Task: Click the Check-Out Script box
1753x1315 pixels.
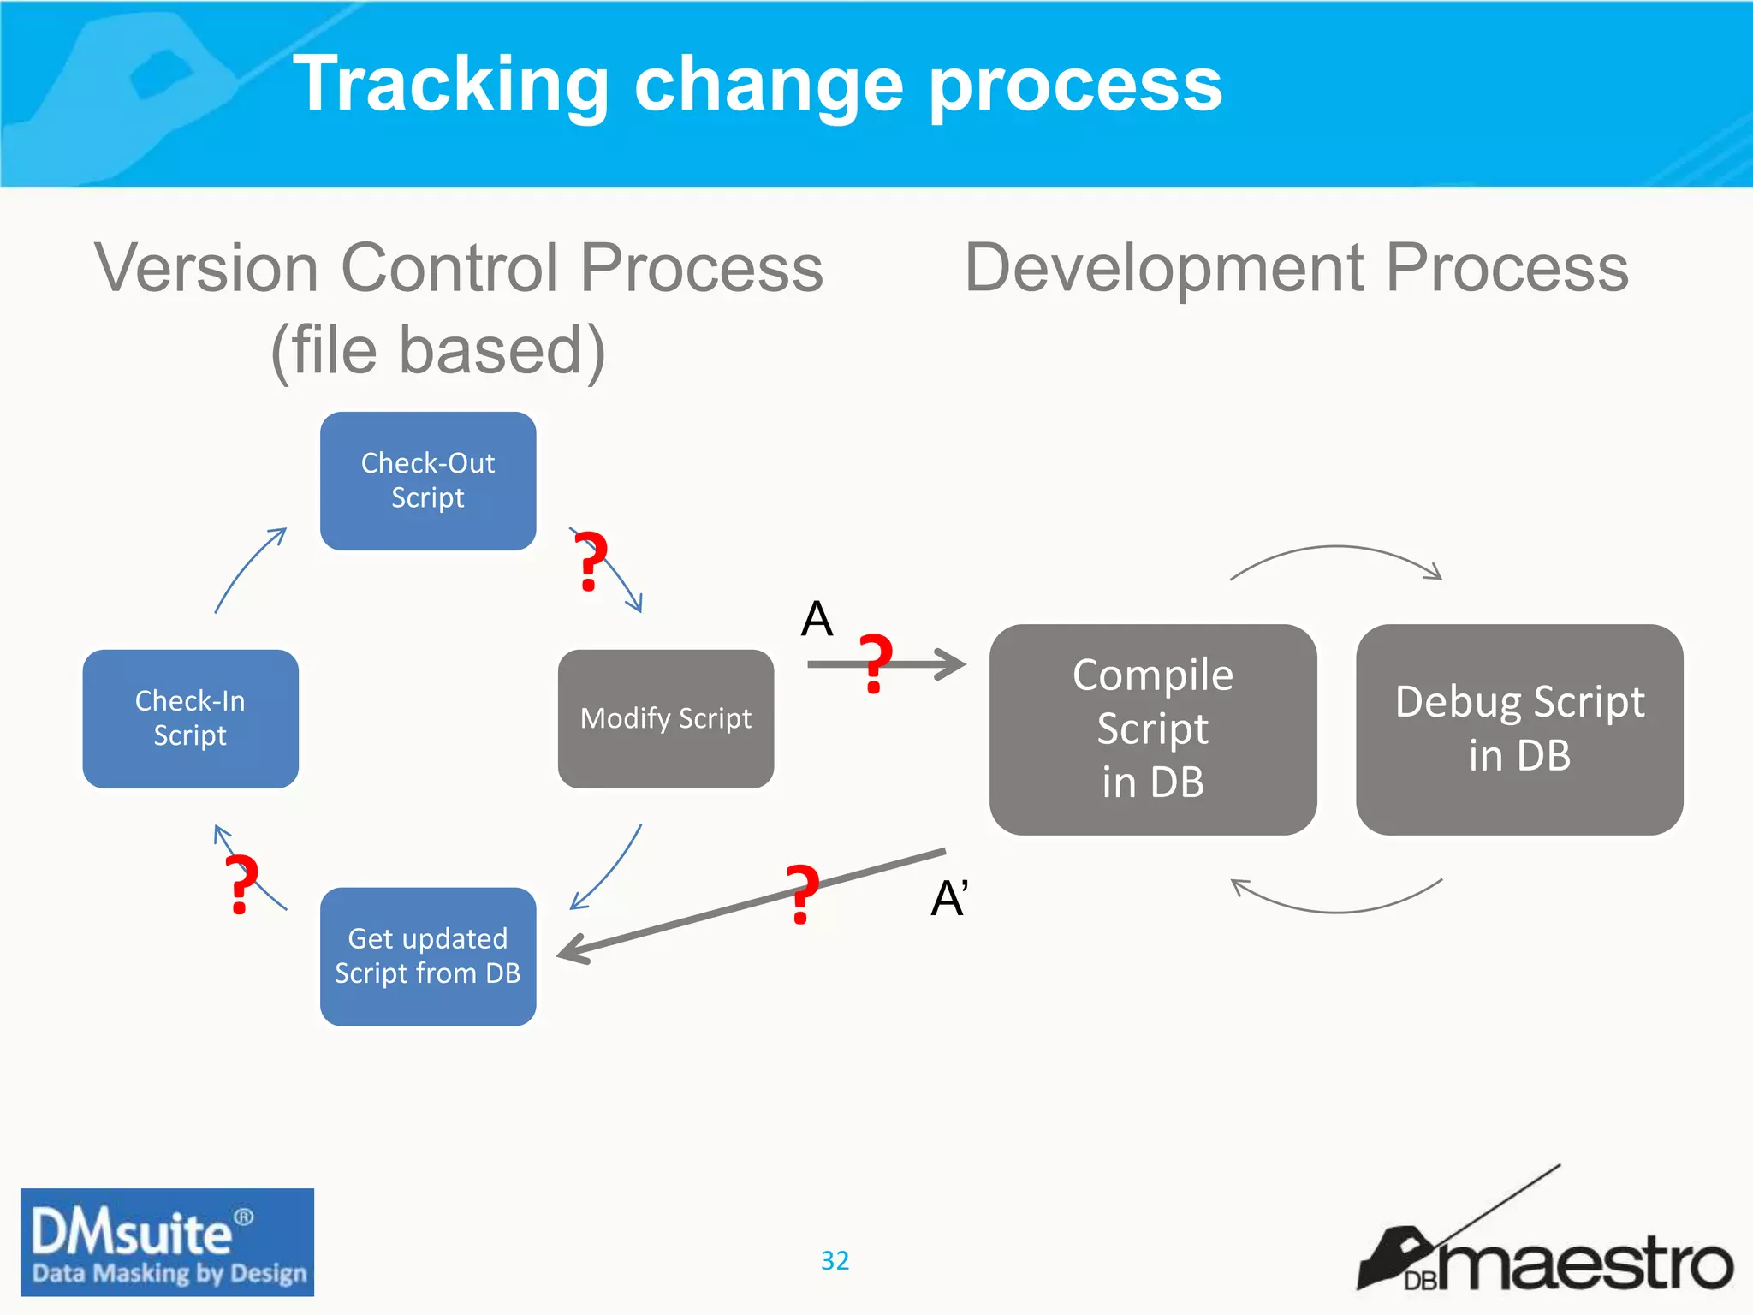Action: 428,481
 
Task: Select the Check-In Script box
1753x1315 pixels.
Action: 190,718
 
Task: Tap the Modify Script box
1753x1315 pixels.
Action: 666,718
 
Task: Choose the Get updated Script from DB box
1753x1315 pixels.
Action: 428,956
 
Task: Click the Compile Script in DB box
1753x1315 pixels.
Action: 1153,729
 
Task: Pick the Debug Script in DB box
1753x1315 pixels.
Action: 1519,729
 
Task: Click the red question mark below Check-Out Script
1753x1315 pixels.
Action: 590,561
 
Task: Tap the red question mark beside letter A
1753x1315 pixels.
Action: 875,663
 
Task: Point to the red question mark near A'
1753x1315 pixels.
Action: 802,894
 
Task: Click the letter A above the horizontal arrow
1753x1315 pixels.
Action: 817,619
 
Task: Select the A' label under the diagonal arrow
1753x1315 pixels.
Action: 949,899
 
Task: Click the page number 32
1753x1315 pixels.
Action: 835,1260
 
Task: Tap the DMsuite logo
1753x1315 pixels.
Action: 167,1242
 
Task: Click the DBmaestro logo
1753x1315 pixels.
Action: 1545,1250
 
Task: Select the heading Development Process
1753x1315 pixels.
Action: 1296,268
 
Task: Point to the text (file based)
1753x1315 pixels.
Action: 438,351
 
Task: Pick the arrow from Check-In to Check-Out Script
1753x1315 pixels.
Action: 247,568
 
